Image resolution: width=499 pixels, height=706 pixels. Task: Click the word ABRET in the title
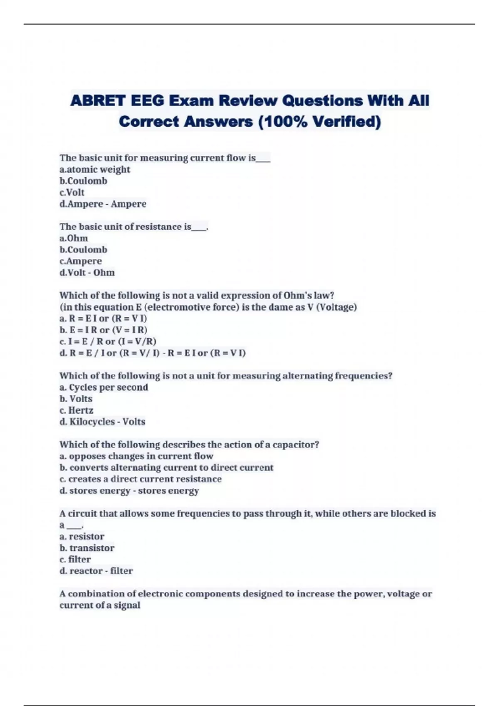coord(98,101)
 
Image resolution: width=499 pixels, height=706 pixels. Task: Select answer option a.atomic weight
coord(95,169)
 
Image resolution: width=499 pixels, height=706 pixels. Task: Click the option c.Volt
coord(72,192)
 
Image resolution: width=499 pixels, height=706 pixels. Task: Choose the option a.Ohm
coord(74,238)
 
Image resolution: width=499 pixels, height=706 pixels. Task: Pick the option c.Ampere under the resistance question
coord(81,261)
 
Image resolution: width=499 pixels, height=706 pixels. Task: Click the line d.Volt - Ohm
coord(87,273)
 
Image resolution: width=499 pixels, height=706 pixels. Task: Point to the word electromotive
coord(175,307)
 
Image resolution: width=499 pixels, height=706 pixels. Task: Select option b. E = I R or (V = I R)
coord(103,330)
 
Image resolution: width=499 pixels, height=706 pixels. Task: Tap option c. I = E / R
coord(108,341)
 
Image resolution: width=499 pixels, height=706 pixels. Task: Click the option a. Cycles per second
coord(104,387)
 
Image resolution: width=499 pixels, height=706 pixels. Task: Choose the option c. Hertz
coord(77,410)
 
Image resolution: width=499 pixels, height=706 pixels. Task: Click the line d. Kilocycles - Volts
coord(102,422)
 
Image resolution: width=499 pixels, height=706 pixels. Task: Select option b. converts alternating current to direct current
coord(166,468)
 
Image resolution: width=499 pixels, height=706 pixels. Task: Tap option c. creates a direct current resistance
coord(141,479)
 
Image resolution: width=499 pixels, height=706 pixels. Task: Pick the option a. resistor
coord(82,537)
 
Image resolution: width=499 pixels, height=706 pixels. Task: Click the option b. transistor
coord(87,548)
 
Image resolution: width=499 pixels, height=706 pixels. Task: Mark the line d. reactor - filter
coord(96,571)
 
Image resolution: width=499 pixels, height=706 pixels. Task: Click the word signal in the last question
coord(127,605)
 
